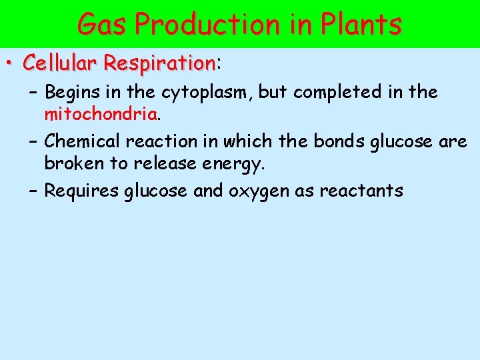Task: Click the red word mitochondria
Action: [x=101, y=114]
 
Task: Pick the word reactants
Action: [x=361, y=191]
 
